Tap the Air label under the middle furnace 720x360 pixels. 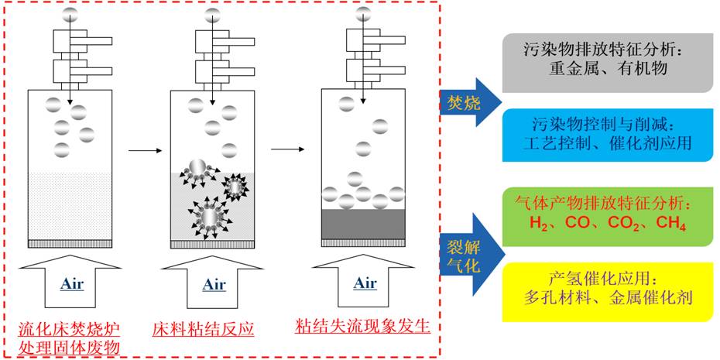[214, 283]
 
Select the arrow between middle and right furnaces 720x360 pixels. [287, 146]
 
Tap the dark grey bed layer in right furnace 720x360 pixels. [362, 224]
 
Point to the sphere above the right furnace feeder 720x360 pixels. [363, 12]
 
